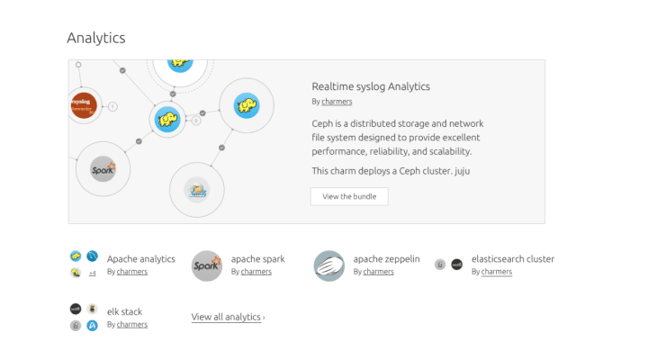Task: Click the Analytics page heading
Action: click(96, 38)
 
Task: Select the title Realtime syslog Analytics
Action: click(371, 86)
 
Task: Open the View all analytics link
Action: click(228, 317)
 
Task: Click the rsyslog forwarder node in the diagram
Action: click(82, 105)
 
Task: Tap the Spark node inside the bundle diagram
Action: click(103, 168)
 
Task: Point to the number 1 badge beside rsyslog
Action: click(112, 106)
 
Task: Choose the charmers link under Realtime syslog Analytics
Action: click(337, 102)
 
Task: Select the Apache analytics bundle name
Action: click(141, 259)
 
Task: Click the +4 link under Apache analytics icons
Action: click(92, 273)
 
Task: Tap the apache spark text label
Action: click(257, 259)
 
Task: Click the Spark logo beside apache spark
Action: click(207, 265)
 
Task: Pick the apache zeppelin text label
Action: click(386, 259)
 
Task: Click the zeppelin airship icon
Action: click(329, 265)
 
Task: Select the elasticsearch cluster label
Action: click(513, 259)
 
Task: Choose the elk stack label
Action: click(124, 311)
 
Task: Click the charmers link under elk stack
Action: click(132, 324)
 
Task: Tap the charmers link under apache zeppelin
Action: click(378, 272)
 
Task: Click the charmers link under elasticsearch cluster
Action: click(497, 272)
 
